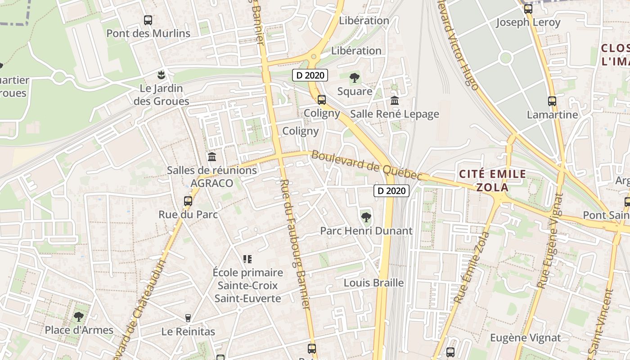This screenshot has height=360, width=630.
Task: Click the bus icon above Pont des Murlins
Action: (148, 20)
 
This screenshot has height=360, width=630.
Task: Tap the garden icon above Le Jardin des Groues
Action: (161, 74)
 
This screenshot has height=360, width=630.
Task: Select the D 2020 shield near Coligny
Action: (310, 76)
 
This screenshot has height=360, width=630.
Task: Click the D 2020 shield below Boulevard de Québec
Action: (391, 191)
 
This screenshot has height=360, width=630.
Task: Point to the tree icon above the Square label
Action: (355, 78)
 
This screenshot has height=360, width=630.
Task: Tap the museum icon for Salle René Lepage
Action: (395, 100)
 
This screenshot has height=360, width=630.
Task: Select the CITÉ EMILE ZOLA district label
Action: (492, 180)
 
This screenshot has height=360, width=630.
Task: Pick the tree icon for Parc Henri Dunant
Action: (366, 217)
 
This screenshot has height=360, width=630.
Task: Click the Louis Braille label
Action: (373, 283)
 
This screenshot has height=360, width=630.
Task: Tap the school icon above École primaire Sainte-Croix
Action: (247, 259)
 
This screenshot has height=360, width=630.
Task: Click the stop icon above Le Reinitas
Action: (188, 318)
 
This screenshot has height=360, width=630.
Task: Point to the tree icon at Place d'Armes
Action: (79, 317)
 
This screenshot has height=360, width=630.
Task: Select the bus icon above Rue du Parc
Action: (188, 201)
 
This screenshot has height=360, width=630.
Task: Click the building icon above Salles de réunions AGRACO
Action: (211, 157)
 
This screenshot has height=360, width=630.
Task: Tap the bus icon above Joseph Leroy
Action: (528, 9)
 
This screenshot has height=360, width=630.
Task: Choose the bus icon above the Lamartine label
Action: (552, 101)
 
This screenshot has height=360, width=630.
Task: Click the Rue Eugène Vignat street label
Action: (550, 241)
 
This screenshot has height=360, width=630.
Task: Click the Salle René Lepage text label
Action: (395, 114)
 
